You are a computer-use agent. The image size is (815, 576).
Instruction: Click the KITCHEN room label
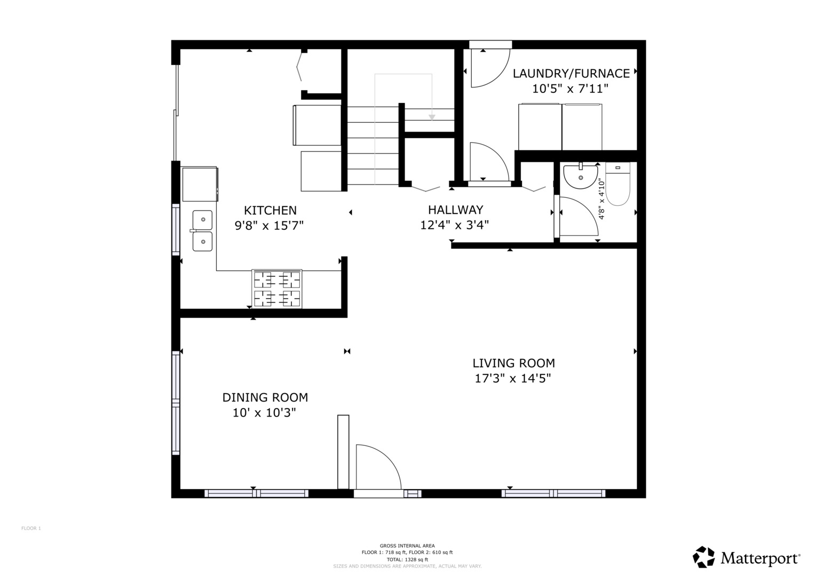point(270,210)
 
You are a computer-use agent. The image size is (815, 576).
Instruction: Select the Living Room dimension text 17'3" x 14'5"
point(513,379)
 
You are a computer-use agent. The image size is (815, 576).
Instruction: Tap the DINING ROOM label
point(265,397)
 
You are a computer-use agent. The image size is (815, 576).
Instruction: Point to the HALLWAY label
point(455,210)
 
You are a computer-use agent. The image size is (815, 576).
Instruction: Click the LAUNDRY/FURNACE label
point(571,73)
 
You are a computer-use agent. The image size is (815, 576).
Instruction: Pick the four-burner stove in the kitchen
point(276,289)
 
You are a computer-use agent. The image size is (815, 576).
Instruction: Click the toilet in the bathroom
point(618,185)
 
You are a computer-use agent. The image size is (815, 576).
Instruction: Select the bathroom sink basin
point(581,177)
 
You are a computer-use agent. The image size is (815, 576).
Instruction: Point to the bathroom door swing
point(578,217)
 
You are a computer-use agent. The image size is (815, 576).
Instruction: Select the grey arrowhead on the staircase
point(432,117)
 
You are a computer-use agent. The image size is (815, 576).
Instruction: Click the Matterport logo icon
point(703,557)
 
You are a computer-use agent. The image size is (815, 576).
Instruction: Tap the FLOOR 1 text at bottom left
point(31,529)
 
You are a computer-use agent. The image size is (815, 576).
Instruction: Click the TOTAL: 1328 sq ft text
point(407,559)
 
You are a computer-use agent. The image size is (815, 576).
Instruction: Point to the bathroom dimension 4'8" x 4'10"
point(602,199)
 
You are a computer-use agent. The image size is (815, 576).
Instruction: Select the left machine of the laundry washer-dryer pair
point(540,127)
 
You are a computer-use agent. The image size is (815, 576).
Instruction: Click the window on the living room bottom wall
point(553,493)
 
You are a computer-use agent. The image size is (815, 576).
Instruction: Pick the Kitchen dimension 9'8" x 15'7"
point(269,226)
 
